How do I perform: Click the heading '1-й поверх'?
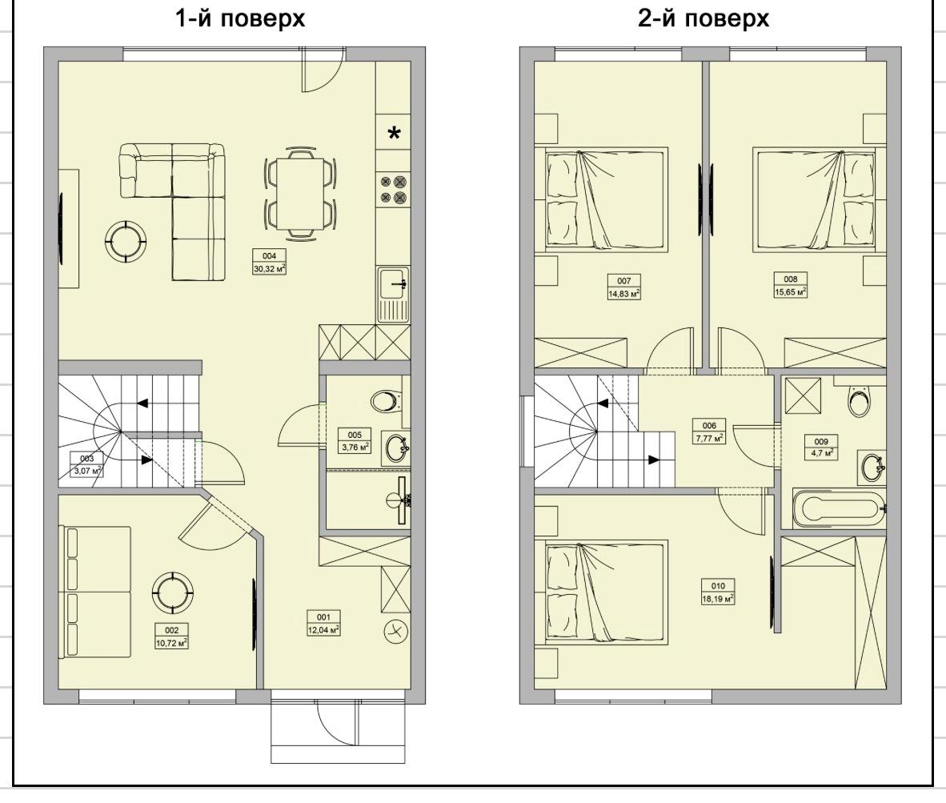coord(240,18)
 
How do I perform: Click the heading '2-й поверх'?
coord(703,18)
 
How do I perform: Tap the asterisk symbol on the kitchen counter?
coord(394,134)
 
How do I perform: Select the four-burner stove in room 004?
coord(393,189)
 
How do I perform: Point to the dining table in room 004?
coord(299,193)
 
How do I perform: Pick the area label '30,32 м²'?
coord(269,269)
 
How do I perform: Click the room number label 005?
coord(355,435)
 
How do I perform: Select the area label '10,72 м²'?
coord(171,643)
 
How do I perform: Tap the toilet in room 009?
coord(860,400)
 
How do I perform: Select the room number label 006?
coord(709,425)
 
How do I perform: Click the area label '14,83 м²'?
coord(623,294)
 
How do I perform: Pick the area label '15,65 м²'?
coord(791,291)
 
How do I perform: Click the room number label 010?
coord(718,586)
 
